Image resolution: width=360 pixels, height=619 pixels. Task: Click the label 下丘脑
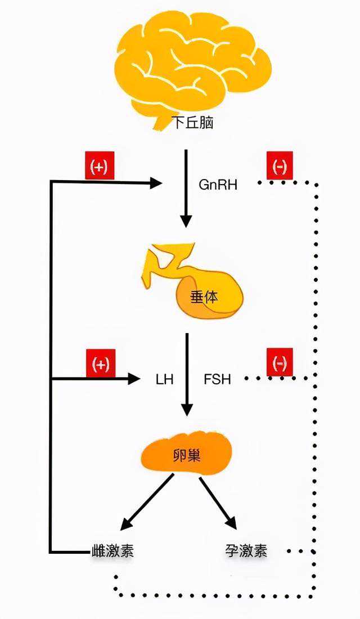pos(192,123)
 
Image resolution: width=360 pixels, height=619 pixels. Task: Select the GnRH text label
pos(218,184)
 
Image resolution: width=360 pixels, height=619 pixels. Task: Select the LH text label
pos(164,379)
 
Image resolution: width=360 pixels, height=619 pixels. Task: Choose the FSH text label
pos(217,379)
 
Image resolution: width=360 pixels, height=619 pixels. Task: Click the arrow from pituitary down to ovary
pos(187,374)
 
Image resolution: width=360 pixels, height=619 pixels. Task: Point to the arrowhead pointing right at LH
pos(134,379)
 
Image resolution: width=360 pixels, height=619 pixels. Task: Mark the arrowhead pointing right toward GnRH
pos(156,182)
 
